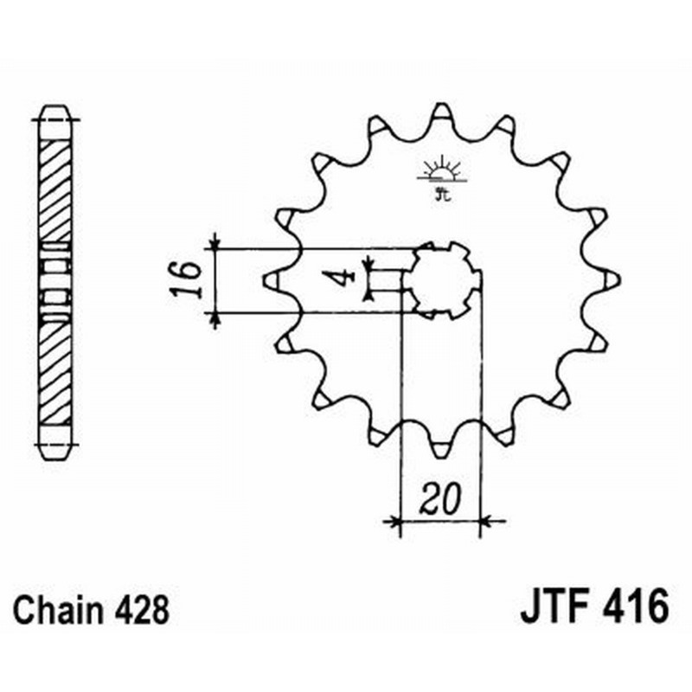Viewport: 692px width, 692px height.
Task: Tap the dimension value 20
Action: tap(440, 501)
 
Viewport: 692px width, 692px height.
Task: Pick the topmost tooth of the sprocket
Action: tap(440, 112)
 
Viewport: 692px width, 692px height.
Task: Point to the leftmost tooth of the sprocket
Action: tap(271, 279)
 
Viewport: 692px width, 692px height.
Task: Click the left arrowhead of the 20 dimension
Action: tap(395, 522)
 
